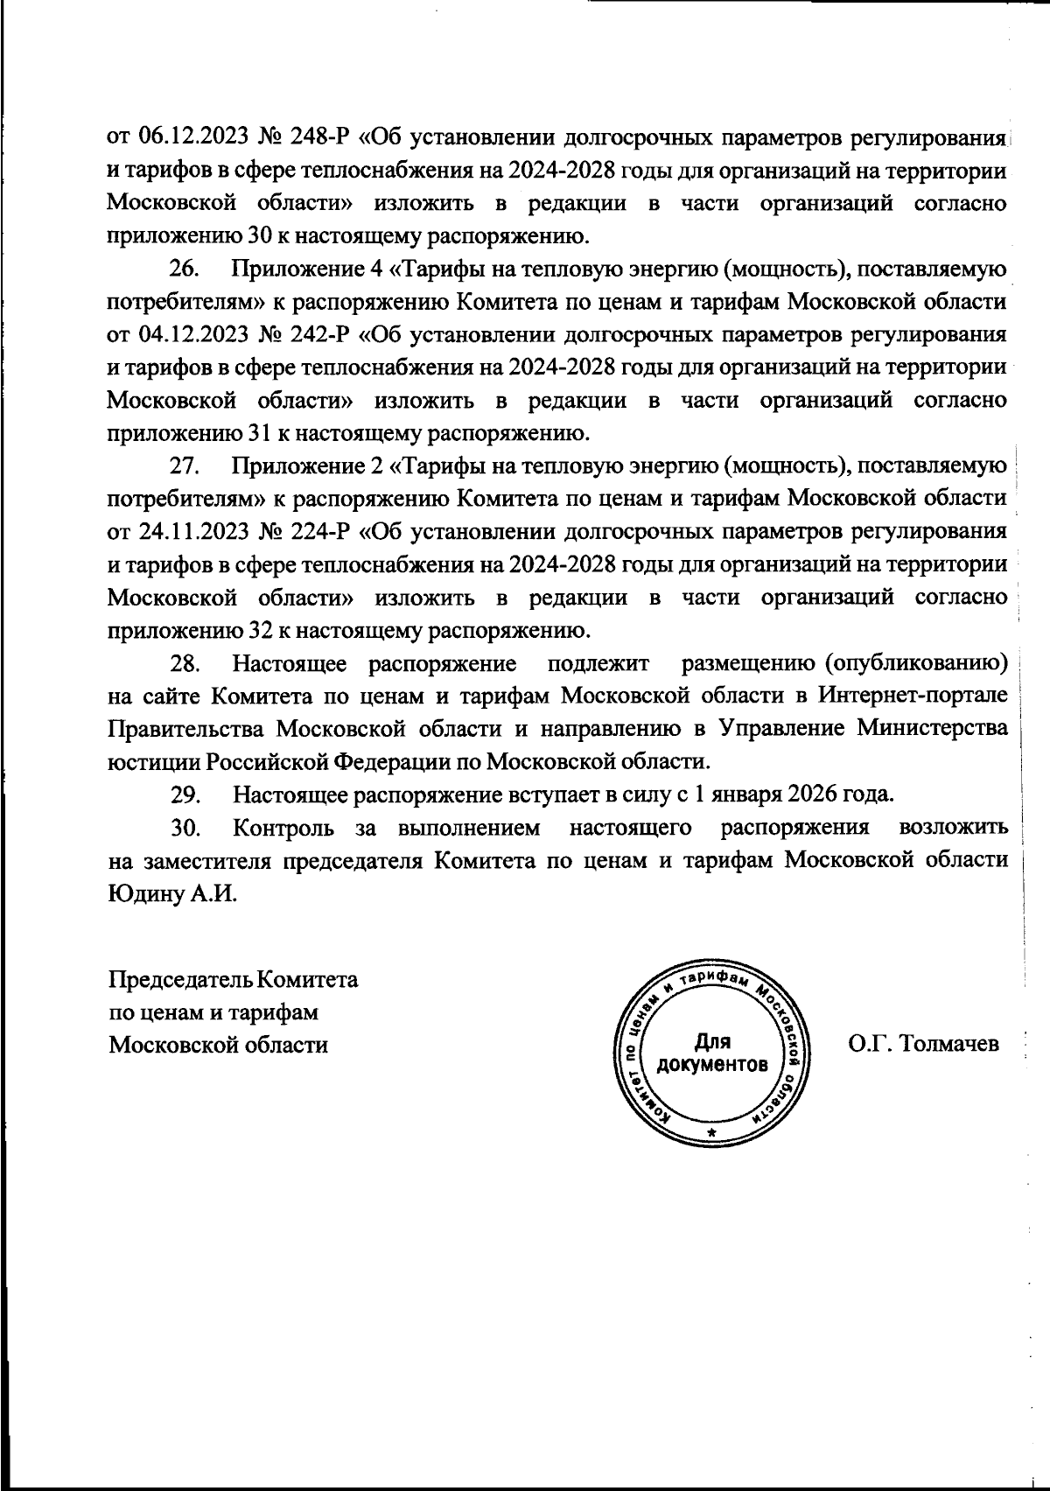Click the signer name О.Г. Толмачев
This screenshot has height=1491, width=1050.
923,1044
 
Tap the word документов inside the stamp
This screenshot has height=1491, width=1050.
712,1066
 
